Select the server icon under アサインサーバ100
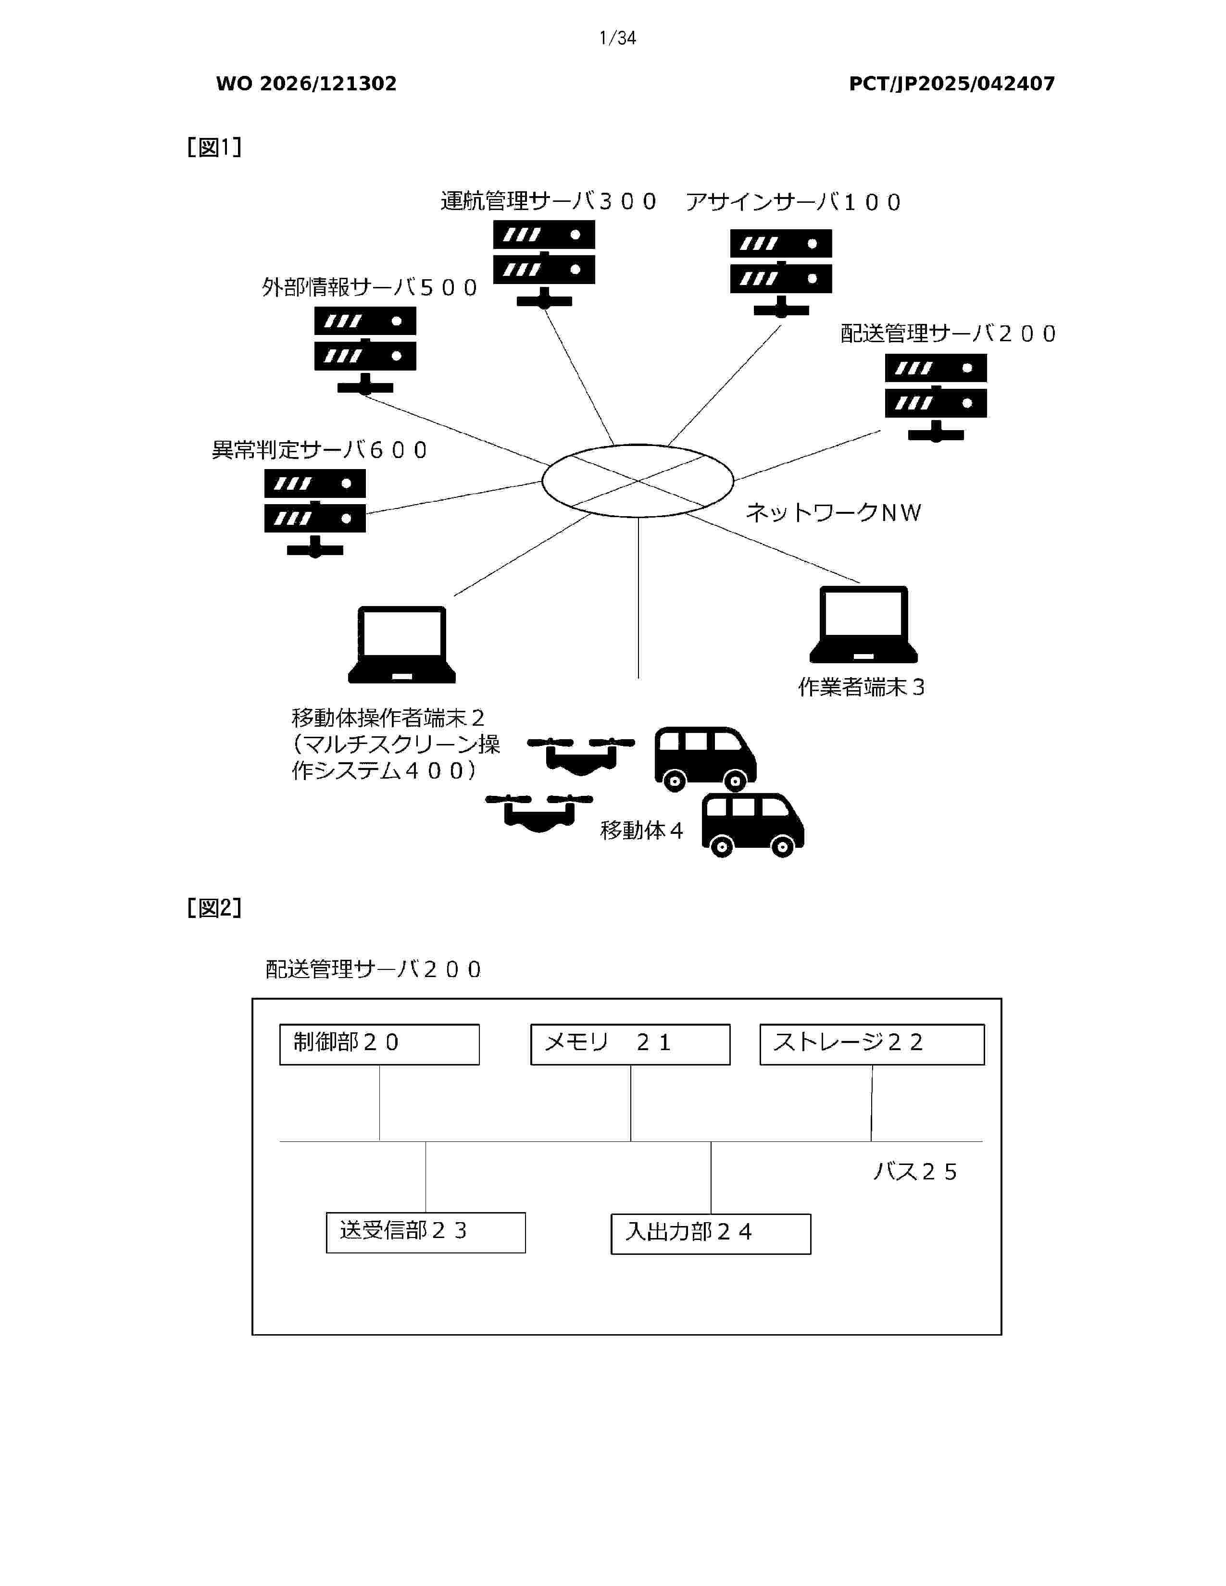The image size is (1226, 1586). click(781, 273)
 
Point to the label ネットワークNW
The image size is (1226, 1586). click(834, 513)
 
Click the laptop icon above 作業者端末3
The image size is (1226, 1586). click(863, 624)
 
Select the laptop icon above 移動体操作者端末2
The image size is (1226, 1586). click(401, 645)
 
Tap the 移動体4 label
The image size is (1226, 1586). click(641, 830)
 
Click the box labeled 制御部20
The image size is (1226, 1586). click(379, 1044)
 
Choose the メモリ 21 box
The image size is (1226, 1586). click(630, 1044)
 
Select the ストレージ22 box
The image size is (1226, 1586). click(872, 1044)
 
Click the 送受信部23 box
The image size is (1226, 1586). click(425, 1232)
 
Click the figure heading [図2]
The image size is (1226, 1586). click(214, 908)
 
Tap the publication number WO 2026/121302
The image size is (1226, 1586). click(307, 84)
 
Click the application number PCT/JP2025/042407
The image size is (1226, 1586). click(952, 84)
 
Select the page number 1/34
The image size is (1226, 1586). click(617, 38)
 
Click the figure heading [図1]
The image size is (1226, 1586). click(214, 148)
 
